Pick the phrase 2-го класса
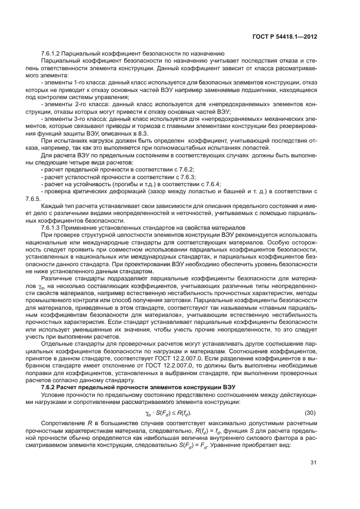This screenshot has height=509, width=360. click(x=80, y=103)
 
